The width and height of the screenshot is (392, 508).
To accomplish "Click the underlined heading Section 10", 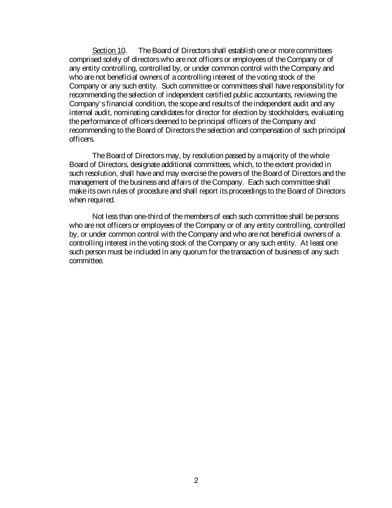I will point(109,51).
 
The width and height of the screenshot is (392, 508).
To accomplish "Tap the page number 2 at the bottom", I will point(196,480).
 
